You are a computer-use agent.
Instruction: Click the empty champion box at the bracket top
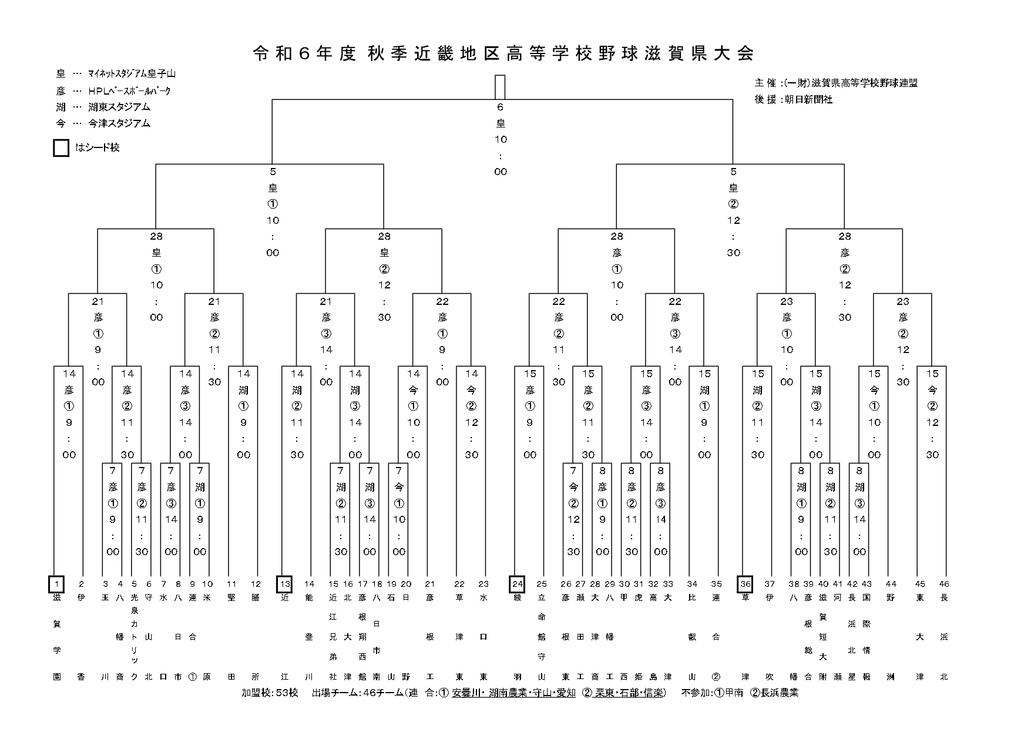(x=500, y=88)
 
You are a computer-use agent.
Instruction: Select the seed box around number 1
(x=56, y=584)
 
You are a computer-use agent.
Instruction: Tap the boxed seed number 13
(x=284, y=584)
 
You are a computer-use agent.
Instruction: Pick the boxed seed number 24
(x=517, y=584)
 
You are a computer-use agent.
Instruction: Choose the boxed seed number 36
(x=745, y=584)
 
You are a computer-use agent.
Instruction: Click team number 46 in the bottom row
(x=943, y=584)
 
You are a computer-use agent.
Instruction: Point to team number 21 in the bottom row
(x=430, y=584)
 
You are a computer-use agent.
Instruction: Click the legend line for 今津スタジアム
(x=103, y=123)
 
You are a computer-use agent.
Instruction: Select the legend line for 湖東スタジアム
(x=103, y=107)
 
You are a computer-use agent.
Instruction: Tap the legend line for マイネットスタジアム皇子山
(x=116, y=74)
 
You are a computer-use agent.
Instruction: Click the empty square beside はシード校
(x=61, y=148)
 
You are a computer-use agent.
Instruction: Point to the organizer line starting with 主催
(x=835, y=83)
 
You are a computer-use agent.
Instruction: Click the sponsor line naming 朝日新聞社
(x=793, y=100)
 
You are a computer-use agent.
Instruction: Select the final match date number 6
(x=501, y=107)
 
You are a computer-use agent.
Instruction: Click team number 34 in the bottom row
(x=692, y=584)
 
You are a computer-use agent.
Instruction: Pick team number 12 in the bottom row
(x=256, y=584)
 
